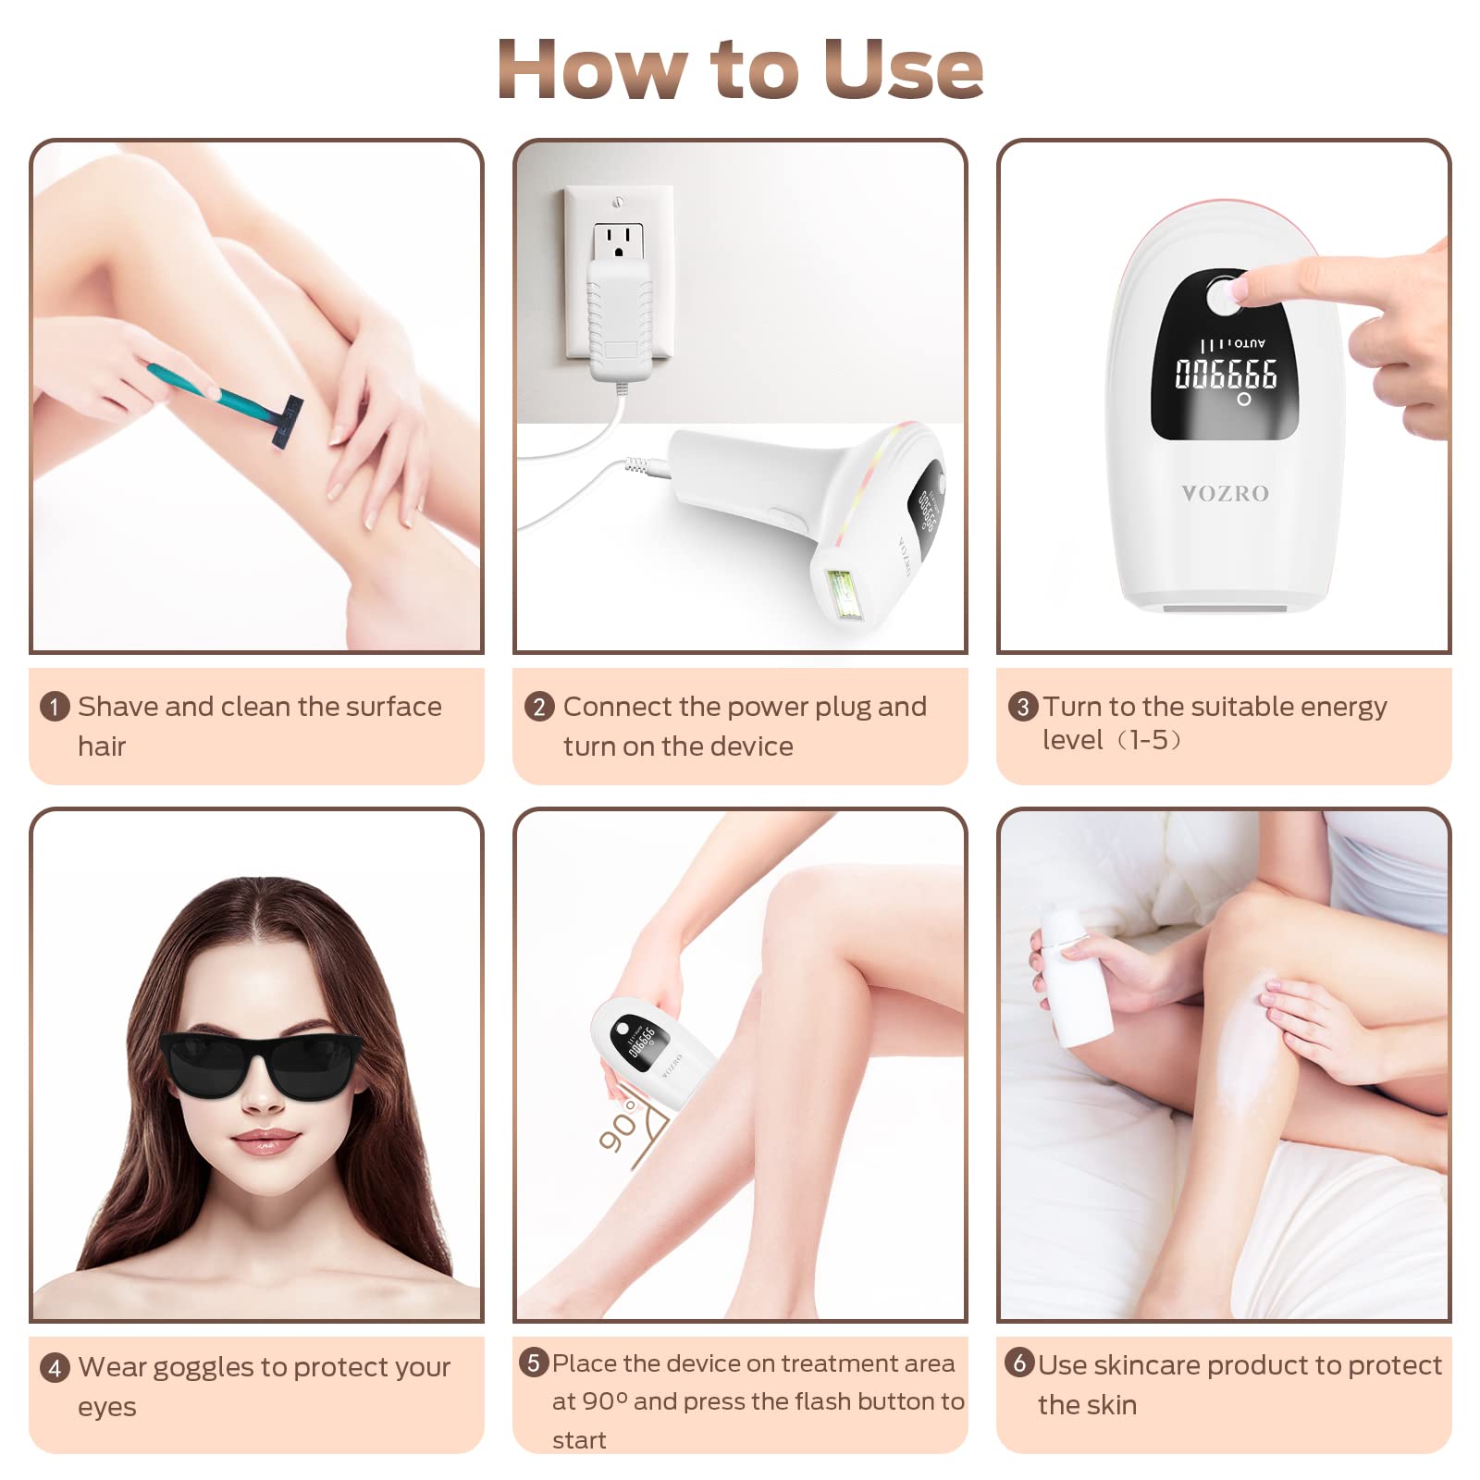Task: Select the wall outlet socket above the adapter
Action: [619, 241]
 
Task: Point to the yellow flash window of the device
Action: [844, 594]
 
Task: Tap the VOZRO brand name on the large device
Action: [1225, 494]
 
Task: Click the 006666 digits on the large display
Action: [1226, 374]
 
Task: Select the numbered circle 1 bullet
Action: [55, 708]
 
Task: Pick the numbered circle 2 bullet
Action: [539, 708]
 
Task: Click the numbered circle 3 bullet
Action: [1022, 708]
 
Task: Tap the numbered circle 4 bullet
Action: [55, 1368]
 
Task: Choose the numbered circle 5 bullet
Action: [534, 1363]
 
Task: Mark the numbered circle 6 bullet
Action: [1019, 1363]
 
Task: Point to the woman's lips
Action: [265, 1142]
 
